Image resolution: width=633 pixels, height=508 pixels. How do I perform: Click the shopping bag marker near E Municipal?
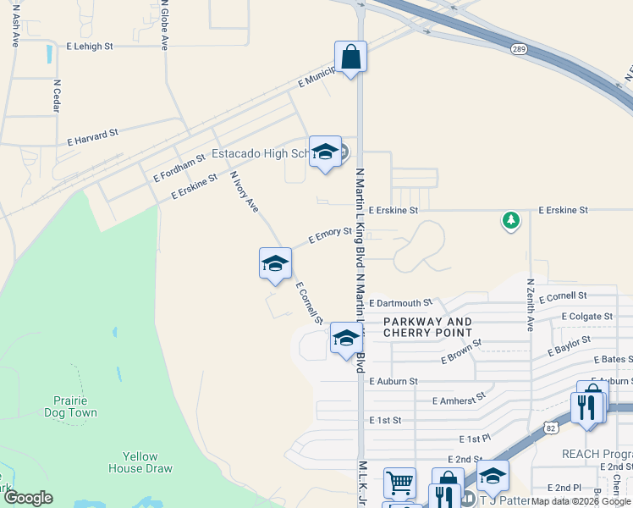click(350, 58)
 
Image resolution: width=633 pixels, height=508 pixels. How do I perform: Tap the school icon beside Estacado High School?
click(324, 152)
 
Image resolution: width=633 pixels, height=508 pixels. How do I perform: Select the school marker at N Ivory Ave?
click(275, 263)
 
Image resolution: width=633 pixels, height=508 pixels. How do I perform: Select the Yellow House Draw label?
click(140, 462)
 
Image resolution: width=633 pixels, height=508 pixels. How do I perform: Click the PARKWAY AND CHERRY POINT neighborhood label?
click(427, 327)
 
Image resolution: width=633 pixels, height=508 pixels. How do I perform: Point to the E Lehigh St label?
click(89, 47)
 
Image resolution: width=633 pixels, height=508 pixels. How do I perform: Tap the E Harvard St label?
click(92, 136)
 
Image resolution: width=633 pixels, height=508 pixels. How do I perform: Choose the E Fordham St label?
click(179, 168)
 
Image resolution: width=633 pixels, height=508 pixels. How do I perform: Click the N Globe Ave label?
click(163, 25)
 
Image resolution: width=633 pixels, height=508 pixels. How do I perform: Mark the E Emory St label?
click(330, 235)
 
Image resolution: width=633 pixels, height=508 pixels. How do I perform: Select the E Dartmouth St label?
click(400, 302)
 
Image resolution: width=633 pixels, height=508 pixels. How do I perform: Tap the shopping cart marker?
click(399, 483)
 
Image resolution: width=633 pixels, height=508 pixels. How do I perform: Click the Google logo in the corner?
click(28, 498)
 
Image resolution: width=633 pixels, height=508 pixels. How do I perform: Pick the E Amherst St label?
click(459, 398)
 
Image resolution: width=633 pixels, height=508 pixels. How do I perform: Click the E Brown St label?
click(460, 353)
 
